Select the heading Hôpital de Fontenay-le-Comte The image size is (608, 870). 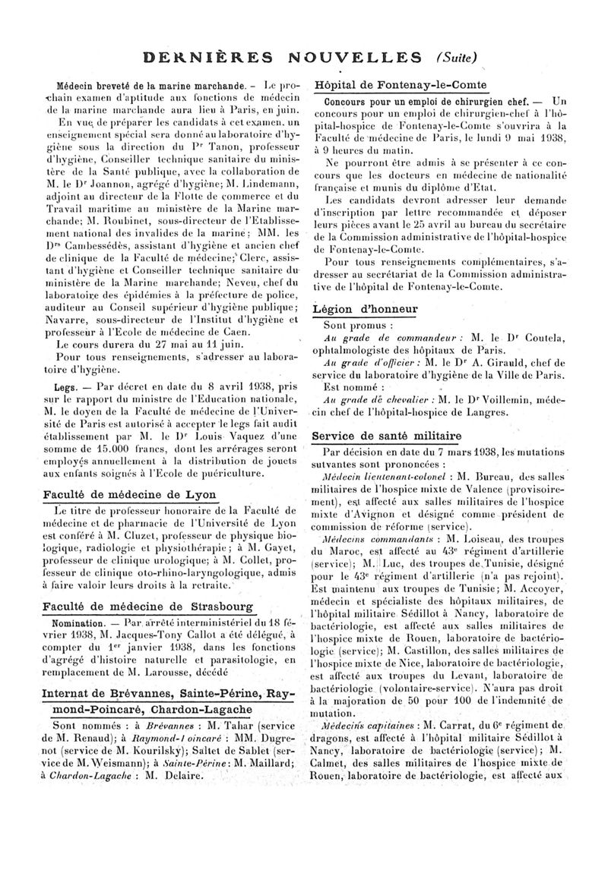[x=400, y=85]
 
